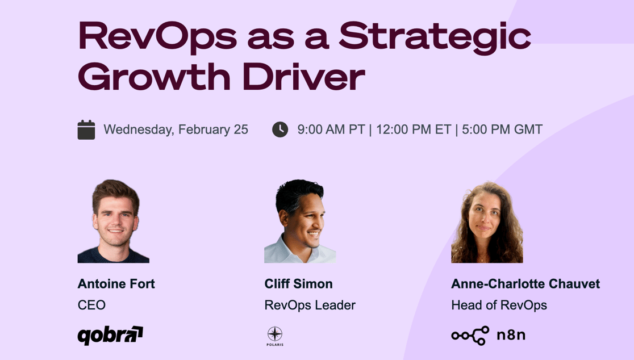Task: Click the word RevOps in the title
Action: (158, 37)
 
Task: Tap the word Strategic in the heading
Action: (435, 37)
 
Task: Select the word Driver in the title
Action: (304, 76)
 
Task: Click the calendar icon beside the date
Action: (86, 129)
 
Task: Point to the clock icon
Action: (280, 129)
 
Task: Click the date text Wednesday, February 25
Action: (176, 129)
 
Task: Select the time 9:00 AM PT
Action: (331, 129)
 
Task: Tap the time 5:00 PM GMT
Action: (502, 129)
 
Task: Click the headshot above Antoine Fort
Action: (114, 221)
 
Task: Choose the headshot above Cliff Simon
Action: (300, 221)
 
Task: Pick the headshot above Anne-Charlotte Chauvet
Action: (487, 222)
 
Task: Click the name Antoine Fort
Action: (116, 284)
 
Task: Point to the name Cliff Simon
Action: (298, 284)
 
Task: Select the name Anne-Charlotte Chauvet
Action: (525, 284)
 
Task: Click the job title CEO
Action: (92, 305)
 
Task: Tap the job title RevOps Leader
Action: (310, 305)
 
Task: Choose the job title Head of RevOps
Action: (499, 305)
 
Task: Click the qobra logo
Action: (110, 336)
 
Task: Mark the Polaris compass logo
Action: (275, 336)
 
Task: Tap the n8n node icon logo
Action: (470, 336)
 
